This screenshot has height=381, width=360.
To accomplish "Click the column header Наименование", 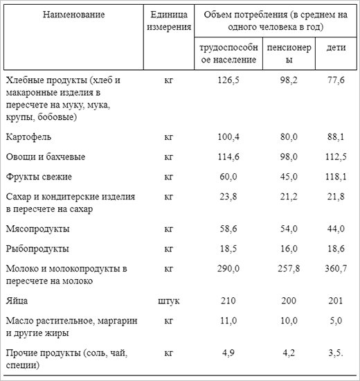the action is (x=73, y=15).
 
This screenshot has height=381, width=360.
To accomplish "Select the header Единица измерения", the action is (x=169, y=21).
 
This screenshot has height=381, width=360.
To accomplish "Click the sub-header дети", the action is (x=335, y=54).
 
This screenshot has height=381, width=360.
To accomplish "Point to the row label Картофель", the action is (x=28, y=136).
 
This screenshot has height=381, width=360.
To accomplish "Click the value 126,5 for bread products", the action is (x=228, y=80).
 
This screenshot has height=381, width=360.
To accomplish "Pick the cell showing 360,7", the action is (x=335, y=268).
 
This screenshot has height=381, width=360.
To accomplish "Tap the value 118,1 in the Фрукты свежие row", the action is (x=335, y=177).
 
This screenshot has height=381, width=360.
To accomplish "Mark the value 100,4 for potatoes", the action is (x=228, y=136).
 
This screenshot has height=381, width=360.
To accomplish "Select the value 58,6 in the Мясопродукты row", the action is (x=228, y=228).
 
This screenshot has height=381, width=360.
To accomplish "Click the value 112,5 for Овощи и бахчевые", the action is (x=335, y=157).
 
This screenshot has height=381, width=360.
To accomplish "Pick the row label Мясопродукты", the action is (x=37, y=228).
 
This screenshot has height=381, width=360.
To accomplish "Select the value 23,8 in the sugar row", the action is (x=228, y=197).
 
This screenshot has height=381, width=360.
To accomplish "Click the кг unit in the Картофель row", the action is (x=169, y=136).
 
